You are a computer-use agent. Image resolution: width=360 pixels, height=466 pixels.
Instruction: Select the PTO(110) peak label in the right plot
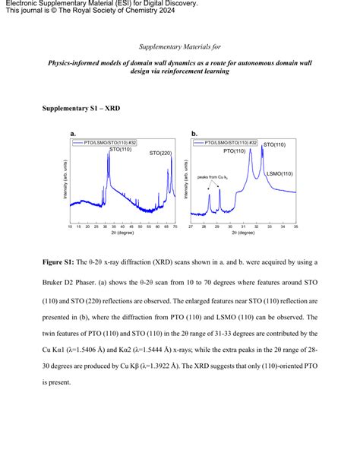coord(235,151)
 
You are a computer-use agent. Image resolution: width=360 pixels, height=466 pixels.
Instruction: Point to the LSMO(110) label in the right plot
coord(279,173)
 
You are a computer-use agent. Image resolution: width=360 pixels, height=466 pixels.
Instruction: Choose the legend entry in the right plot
coord(226,142)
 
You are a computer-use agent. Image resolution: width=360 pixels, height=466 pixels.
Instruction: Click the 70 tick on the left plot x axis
coord(175,227)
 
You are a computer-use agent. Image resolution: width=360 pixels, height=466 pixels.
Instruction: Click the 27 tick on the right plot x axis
coord(191,227)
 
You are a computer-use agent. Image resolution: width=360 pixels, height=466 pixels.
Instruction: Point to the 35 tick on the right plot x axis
coord(295,227)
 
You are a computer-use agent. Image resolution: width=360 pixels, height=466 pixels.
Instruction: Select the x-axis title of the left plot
coord(122,235)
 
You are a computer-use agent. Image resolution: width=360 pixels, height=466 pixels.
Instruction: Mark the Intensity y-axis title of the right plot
coord(183,182)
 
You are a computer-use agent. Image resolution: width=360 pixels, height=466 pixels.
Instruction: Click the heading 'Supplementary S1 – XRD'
coord(80,108)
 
